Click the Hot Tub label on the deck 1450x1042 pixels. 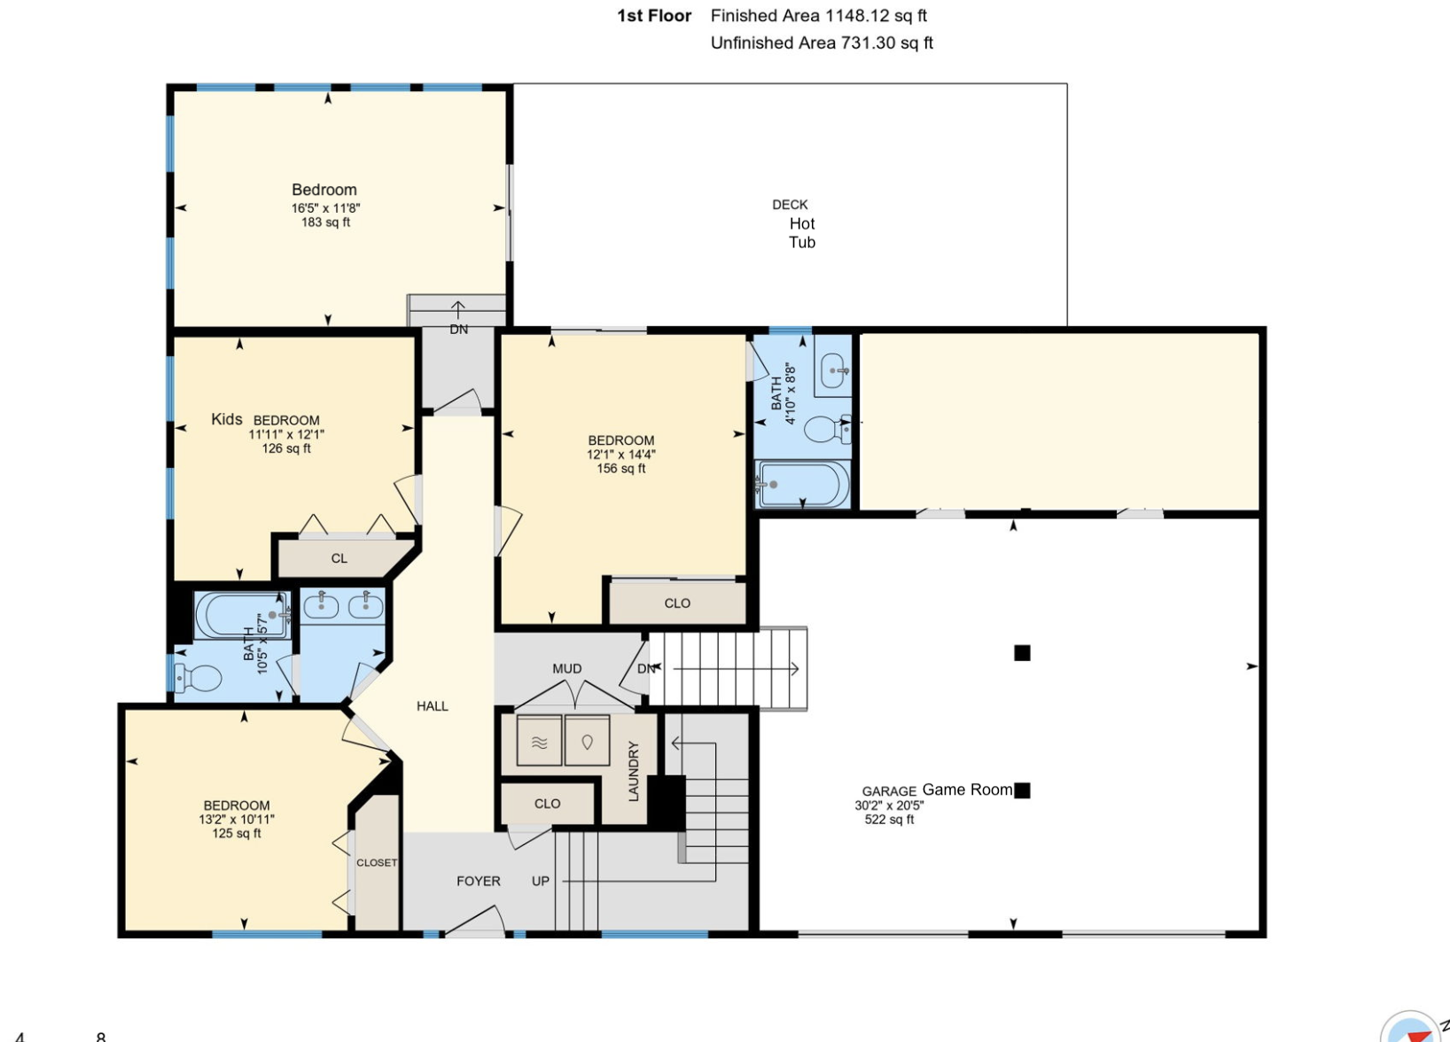pos(801,233)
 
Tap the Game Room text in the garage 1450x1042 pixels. pos(967,789)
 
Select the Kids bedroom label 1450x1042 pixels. pos(227,419)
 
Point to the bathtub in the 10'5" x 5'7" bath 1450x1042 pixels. pos(241,614)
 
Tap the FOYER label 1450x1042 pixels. pos(479,881)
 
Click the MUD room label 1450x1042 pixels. pos(567,669)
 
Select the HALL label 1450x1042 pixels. pos(433,706)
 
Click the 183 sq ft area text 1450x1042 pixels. pos(325,222)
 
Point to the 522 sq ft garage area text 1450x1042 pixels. pos(889,820)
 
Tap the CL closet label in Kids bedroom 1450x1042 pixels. pos(339,558)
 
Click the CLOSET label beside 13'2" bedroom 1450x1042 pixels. pos(377,862)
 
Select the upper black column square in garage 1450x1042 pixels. pos(1022,653)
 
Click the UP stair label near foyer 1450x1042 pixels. pos(541,881)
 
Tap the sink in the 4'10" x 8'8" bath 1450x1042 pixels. pos(833,370)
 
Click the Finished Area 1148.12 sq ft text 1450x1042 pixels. pos(818,16)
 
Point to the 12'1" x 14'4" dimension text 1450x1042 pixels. pos(620,455)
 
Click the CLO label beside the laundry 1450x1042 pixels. pos(547,804)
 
